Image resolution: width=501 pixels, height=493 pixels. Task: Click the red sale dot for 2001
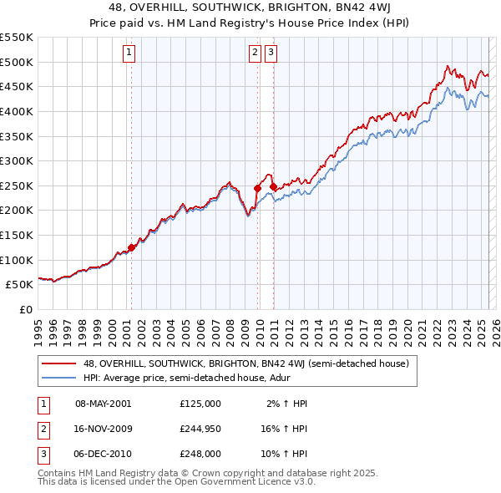tap(131, 247)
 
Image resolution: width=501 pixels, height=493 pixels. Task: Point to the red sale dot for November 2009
tap(257, 188)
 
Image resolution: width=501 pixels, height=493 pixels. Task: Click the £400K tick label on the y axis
tap(17, 111)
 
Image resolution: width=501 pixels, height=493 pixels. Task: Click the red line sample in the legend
tap(59, 363)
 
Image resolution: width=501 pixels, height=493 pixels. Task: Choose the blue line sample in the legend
tap(59, 379)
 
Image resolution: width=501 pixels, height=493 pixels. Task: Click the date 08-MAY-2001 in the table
tap(103, 404)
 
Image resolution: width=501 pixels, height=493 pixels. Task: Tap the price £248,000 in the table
tap(200, 454)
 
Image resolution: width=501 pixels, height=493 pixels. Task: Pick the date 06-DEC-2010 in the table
tap(103, 454)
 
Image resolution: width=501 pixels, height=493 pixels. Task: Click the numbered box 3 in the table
tap(43, 454)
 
